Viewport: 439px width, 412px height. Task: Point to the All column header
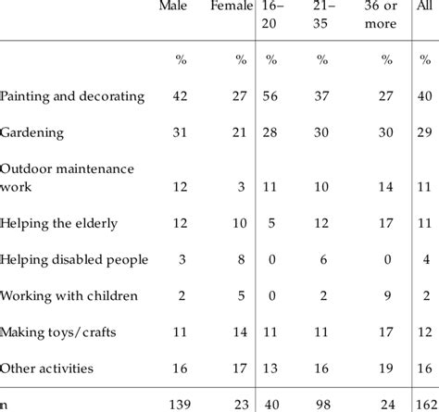(425, 7)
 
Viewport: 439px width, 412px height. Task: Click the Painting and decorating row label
(72, 96)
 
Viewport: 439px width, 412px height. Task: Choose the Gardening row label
(32, 132)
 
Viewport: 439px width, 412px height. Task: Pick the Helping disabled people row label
(74, 259)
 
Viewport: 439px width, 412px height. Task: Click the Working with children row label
(69, 295)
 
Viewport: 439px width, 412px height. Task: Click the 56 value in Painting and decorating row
(272, 96)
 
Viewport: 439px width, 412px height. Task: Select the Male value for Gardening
(182, 132)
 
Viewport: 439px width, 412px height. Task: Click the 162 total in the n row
(426, 404)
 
